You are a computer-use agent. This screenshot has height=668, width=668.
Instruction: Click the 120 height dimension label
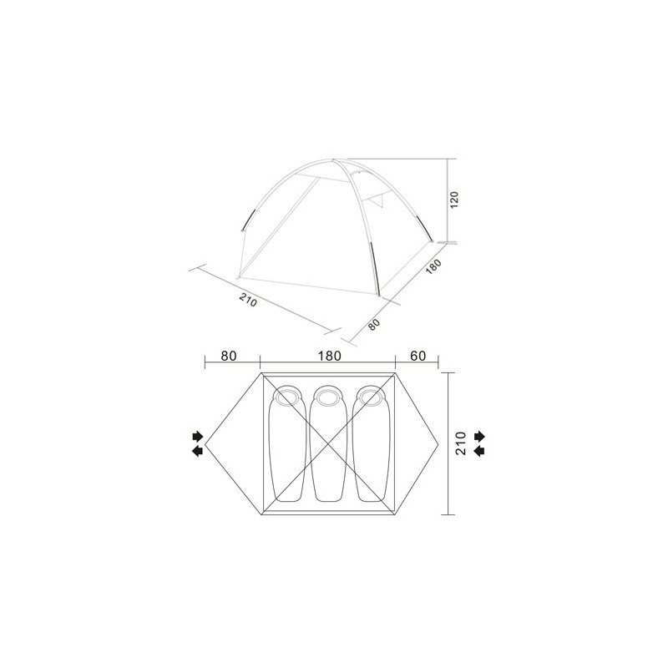(454, 200)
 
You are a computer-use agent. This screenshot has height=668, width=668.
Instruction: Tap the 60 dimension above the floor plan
(418, 356)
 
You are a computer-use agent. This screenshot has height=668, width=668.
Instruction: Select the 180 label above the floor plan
(330, 356)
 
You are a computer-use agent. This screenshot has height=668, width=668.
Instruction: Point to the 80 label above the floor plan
(229, 356)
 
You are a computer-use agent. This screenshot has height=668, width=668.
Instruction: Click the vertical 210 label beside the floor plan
(461, 443)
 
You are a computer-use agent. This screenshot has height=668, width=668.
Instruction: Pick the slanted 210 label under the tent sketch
(248, 301)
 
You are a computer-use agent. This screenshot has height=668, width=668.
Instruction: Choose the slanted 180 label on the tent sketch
(433, 268)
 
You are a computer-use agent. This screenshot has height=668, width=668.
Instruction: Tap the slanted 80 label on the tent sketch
(373, 325)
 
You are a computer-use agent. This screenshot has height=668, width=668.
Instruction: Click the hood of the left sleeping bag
(287, 397)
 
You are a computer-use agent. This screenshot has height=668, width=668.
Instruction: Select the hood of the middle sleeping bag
(327, 397)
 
